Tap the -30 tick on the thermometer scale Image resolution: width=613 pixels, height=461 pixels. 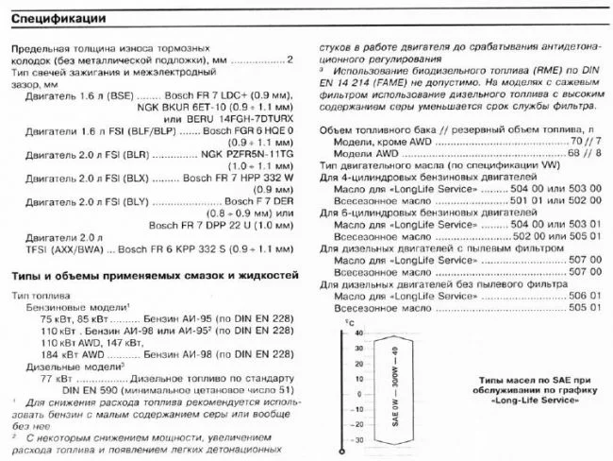(x=357, y=440)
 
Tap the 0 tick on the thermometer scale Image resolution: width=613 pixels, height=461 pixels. (x=361, y=394)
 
